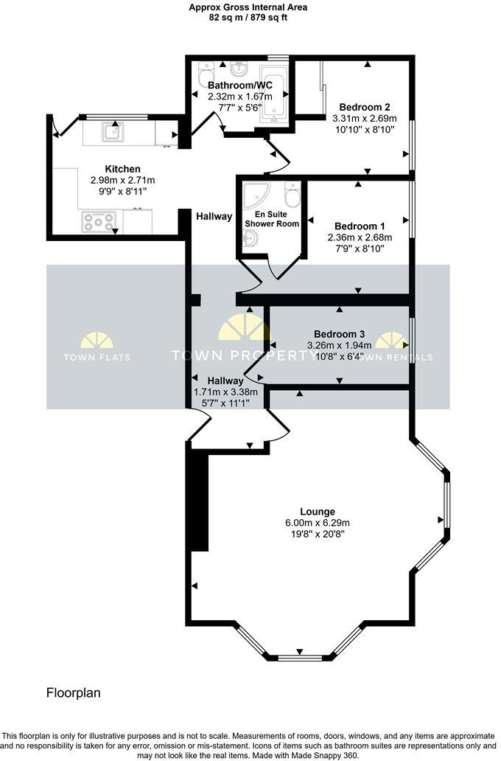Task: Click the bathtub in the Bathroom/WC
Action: point(273,94)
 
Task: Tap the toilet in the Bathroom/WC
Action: point(203,71)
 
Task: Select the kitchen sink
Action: point(113,132)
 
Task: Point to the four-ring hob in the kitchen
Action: point(98,221)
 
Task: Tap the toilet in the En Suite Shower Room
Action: point(292,195)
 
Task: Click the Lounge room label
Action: point(318,511)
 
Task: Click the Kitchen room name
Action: point(122,169)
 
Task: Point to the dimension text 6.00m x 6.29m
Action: point(318,523)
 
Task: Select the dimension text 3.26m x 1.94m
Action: point(339,345)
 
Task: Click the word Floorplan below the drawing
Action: point(74,693)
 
